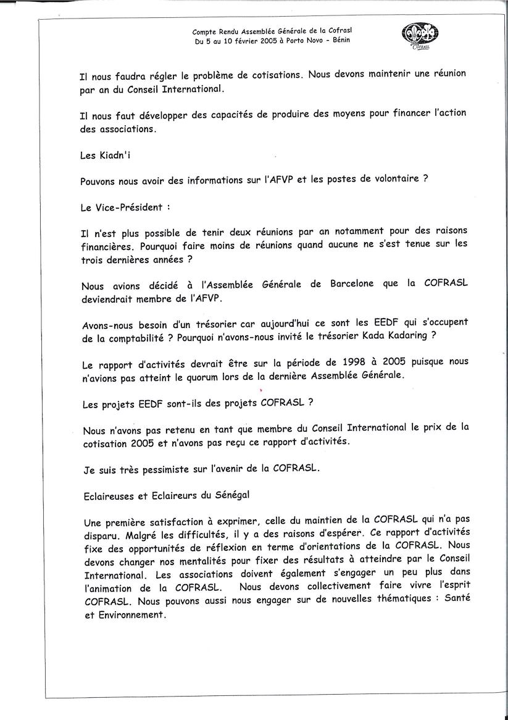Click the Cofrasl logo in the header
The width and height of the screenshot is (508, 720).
point(422,35)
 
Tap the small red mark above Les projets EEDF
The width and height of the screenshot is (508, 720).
point(261,390)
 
